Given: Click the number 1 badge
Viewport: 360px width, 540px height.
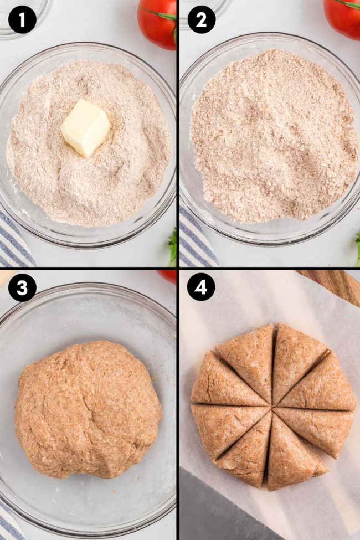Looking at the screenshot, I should [x=22, y=20].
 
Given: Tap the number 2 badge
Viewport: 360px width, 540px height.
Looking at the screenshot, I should [x=202, y=20].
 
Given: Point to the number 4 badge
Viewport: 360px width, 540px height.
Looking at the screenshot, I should [x=202, y=288].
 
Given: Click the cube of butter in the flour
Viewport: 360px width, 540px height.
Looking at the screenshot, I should [x=85, y=127].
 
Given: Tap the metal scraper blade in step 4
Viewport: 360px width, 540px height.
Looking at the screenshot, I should [x=222, y=510].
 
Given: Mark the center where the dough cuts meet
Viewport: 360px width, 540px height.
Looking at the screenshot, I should [x=272, y=408].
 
